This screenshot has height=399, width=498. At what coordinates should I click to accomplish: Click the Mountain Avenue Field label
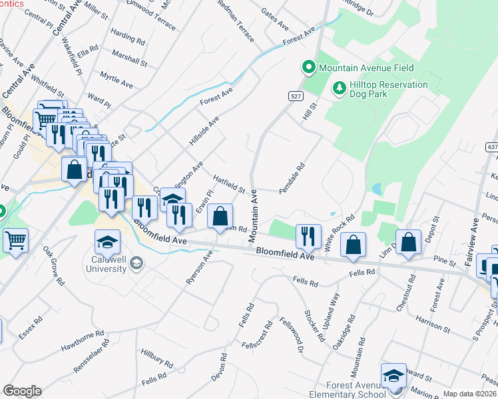click(366, 68)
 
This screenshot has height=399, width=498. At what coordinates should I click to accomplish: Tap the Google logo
click(22, 391)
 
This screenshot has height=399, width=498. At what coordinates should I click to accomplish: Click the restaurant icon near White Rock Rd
click(308, 235)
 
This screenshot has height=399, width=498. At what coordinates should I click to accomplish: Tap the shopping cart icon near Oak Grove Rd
click(16, 240)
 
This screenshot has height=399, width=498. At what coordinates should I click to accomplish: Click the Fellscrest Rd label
click(258, 339)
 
